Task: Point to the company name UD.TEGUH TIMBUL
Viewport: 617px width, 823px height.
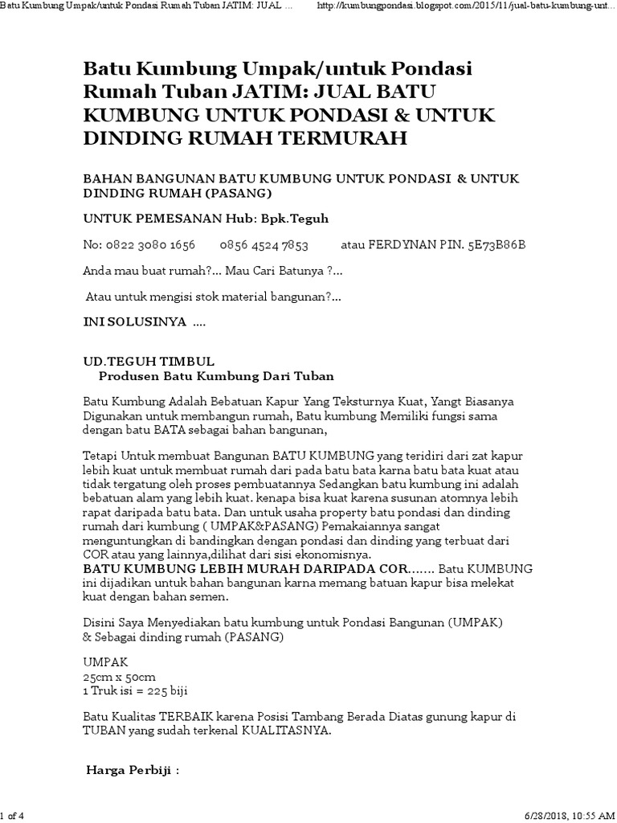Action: point(149,362)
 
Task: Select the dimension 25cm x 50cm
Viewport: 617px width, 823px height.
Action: point(117,678)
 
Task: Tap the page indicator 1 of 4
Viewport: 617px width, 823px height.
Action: point(14,817)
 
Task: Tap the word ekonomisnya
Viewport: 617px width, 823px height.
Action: point(327,555)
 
